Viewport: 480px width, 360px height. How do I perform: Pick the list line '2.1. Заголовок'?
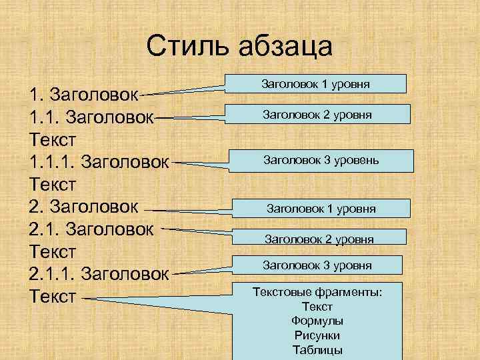point(92,229)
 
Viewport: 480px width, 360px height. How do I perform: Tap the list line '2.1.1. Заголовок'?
point(99,274)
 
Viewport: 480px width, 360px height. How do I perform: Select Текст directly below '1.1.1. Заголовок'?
point(53,183)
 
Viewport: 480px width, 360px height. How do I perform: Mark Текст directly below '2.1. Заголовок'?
point(53,251)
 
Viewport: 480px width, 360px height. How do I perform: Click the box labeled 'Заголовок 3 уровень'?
point(321,160)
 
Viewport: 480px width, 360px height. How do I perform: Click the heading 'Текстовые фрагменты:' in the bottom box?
point(317,292)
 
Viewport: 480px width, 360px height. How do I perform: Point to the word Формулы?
point(317,321)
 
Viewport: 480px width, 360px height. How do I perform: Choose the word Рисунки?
point(317,335)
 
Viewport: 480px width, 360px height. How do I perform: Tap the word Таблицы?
point(317,350)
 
